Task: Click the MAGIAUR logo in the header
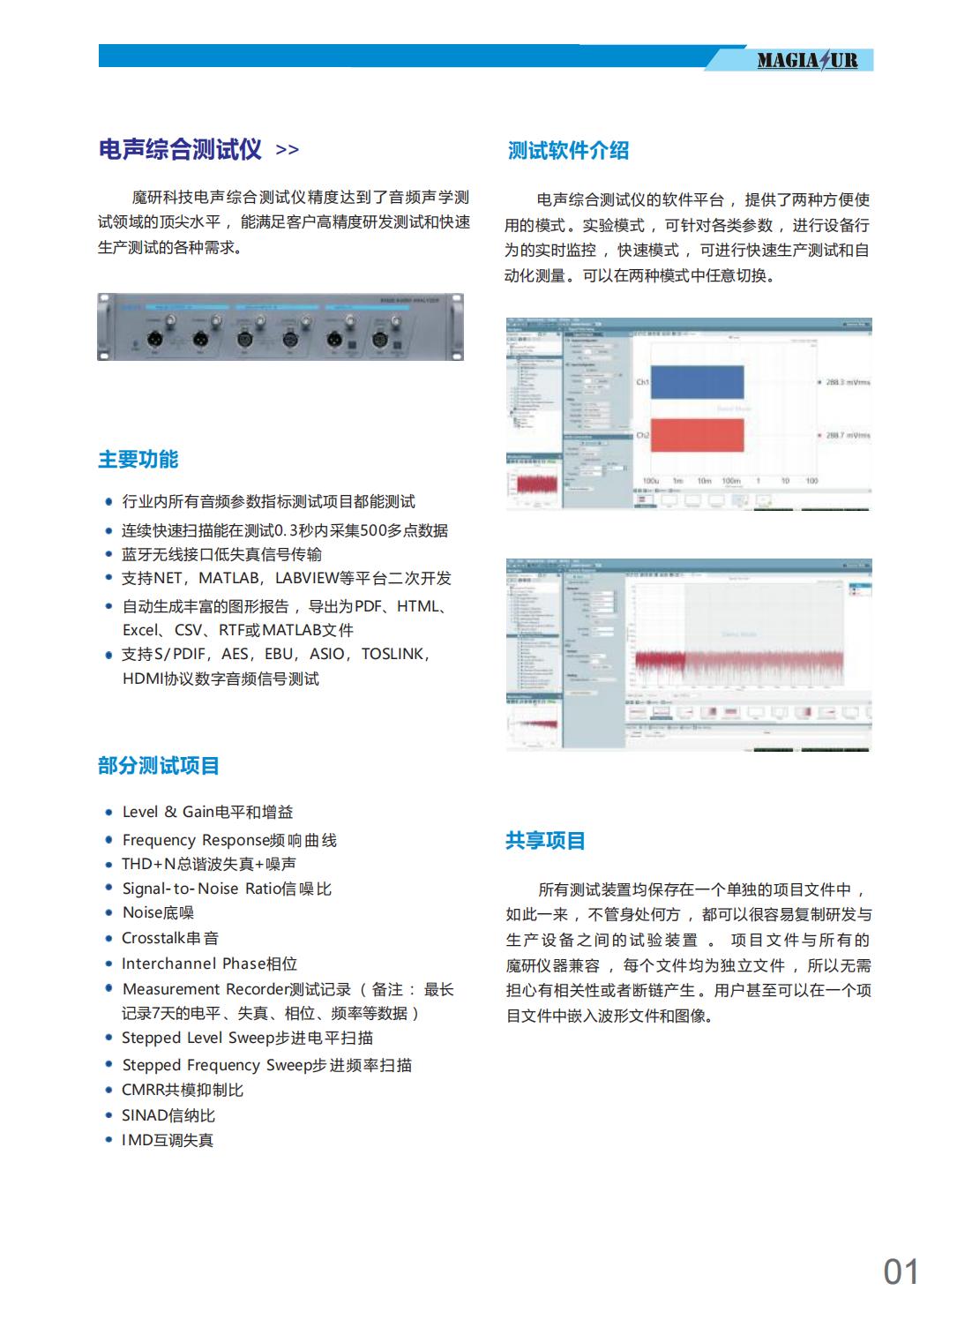[807, 60]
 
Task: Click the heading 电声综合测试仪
[180, 149]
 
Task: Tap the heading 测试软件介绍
[568, 150]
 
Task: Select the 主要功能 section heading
[138, 459]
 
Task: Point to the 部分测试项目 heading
[158, 765]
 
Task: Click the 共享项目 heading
[545, 840]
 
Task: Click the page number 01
[901, 1271]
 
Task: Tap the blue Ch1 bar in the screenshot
[697, 382]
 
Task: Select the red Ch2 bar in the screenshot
[697, 435]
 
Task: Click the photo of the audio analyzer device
[280, 327]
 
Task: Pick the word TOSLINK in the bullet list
[393, 654]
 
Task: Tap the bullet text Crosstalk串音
[170, 938]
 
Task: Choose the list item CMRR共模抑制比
[183, 1090]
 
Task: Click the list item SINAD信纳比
[168, 1115]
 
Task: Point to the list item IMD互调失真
[168, 1140]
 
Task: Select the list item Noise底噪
[158, 912]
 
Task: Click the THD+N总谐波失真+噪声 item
[209, 864]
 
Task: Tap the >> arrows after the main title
[288, 150]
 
